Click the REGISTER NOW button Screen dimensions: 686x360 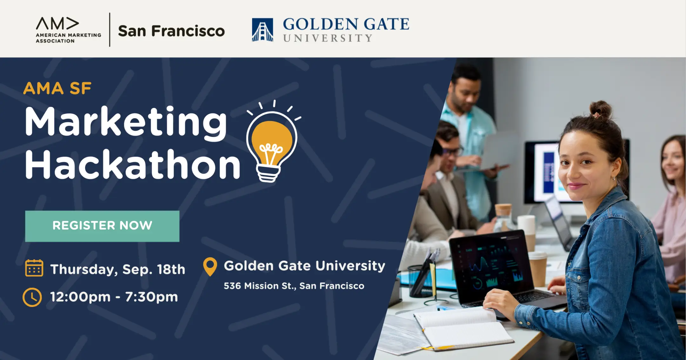102,226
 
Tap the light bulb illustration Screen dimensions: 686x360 272,143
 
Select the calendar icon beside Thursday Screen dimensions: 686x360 34,268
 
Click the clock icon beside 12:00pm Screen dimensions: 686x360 32,297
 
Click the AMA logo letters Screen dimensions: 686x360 57,23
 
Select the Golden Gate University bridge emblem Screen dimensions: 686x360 262,30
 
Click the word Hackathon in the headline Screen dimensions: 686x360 133,164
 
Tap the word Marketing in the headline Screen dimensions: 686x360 126,122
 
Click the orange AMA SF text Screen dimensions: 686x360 57,88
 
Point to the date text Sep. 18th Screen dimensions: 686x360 154,269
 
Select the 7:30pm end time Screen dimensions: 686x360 151,297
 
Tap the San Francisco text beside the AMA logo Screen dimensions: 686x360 171,31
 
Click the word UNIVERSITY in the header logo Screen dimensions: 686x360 327,38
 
